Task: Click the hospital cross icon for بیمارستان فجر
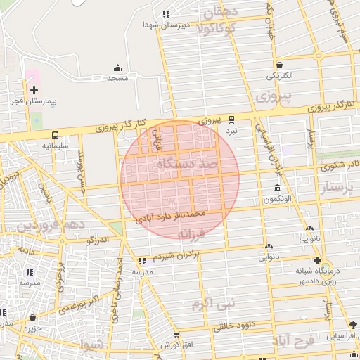[x=34, y=89]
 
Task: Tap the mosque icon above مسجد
[x=117, y=68]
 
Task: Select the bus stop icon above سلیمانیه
[x=54, y=134]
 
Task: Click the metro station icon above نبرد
[x=232, y=120]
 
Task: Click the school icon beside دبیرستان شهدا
[x=165, y=14]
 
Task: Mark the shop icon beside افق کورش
[x=176, y=335]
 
